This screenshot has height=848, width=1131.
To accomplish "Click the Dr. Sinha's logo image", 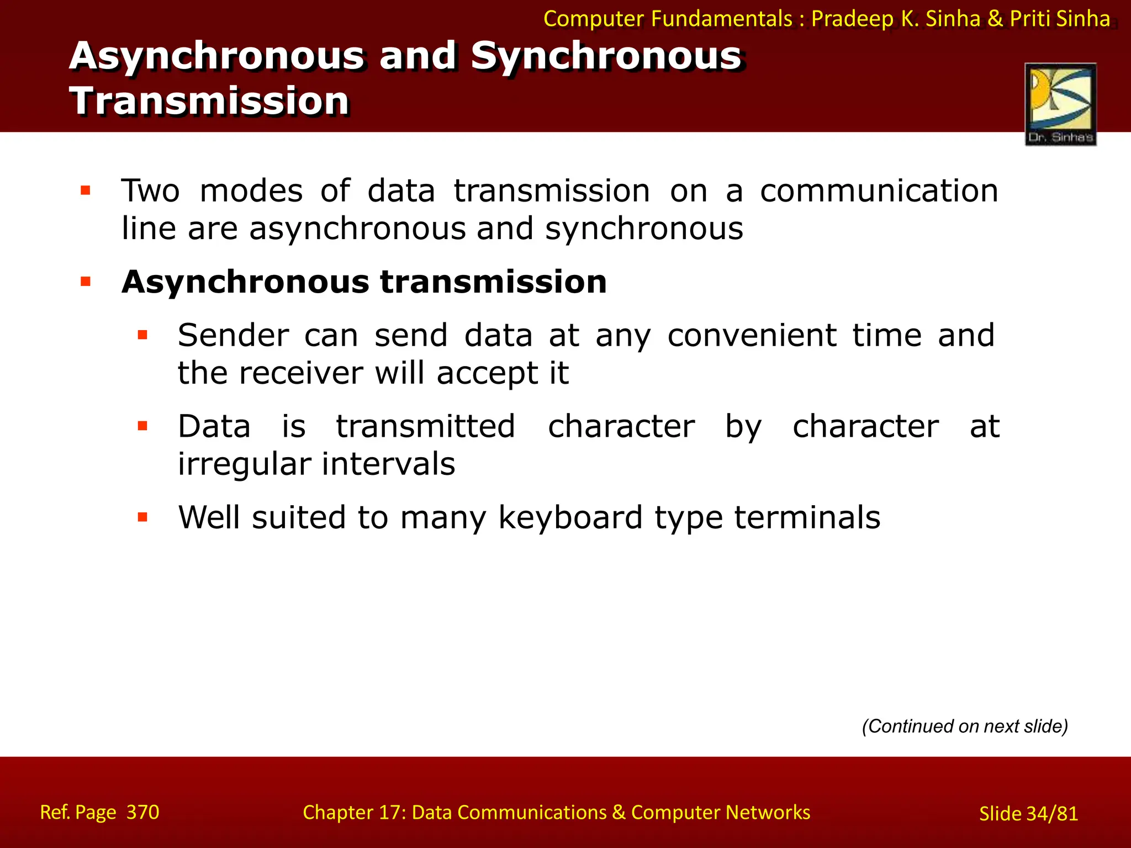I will coord(1060,104).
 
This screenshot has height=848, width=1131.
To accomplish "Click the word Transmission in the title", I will coord(209,101).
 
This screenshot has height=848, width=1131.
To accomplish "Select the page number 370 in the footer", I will coord(142,812).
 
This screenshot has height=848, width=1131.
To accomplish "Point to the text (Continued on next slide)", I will coord(965,726).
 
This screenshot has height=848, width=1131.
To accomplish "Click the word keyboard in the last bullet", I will coord(570,518).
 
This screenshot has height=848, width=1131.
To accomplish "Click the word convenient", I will coord(752,336).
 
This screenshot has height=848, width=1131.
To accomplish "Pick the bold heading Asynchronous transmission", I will coord(364,282).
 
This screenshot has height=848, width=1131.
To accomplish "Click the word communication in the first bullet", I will coord(879,191).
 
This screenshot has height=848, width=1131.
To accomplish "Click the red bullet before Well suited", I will coord(142,517).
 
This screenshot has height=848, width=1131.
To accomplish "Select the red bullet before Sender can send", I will coord(142,335).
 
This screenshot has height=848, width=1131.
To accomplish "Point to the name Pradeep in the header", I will coord(852,19).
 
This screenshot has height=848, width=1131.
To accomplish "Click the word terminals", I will coord(807,518).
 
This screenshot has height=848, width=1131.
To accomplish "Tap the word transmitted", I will coord(426,427).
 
